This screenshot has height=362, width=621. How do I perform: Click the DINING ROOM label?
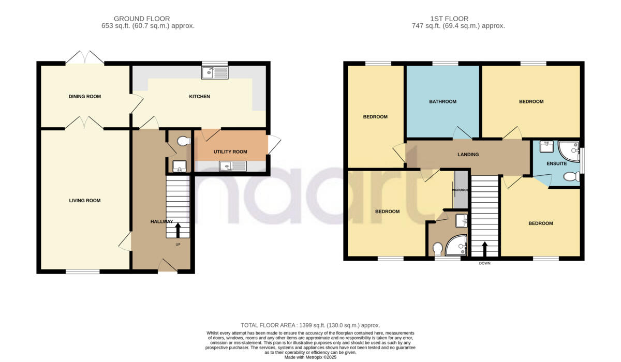(84, 96)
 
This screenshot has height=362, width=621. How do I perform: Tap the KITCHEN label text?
(199, 96)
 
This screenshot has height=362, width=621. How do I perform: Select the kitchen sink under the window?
(215, 73)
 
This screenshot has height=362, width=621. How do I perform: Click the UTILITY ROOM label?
(230, 152)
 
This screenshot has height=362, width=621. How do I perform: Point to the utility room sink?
(233, 166)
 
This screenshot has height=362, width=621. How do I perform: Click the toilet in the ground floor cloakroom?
(182, 141)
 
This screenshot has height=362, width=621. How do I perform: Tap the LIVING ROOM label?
(84, 201)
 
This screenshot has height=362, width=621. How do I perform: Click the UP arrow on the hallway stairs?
(178, 230)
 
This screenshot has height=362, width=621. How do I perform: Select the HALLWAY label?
(161, 221)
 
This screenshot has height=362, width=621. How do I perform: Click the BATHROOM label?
(442, 101)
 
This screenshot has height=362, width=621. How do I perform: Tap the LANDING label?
(468, 154)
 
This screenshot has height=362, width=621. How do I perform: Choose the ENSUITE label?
(557, 163)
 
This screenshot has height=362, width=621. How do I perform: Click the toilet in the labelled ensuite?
(570, 177)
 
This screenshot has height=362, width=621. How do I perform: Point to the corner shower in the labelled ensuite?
(569, 150)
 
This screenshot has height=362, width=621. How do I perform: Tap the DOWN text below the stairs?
(484, 263)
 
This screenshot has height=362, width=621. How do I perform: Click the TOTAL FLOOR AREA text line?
(310, 324)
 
